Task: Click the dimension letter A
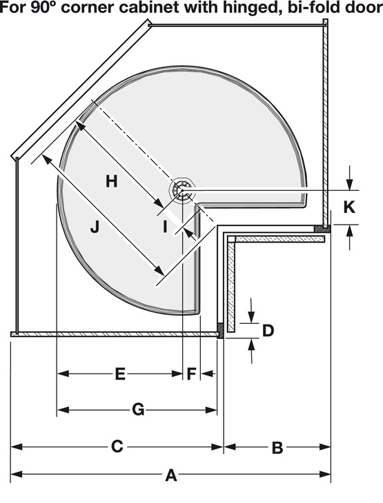[171, 475]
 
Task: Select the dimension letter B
[277, 448]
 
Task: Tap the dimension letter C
[117, 446]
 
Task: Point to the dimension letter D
[268, 331]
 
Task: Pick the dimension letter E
[120, 374]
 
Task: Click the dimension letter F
[191, 374]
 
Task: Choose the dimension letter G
[138, 410]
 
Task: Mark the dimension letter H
[112, 181]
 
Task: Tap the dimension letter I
[165, 227]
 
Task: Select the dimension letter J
[95, 227]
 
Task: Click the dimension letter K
[349, 207]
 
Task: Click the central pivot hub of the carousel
[182, 190]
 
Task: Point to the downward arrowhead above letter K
[350, 185]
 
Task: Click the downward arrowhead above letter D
[252, 317]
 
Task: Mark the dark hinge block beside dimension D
[220, 330]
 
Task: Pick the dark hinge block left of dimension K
[322, 229]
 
